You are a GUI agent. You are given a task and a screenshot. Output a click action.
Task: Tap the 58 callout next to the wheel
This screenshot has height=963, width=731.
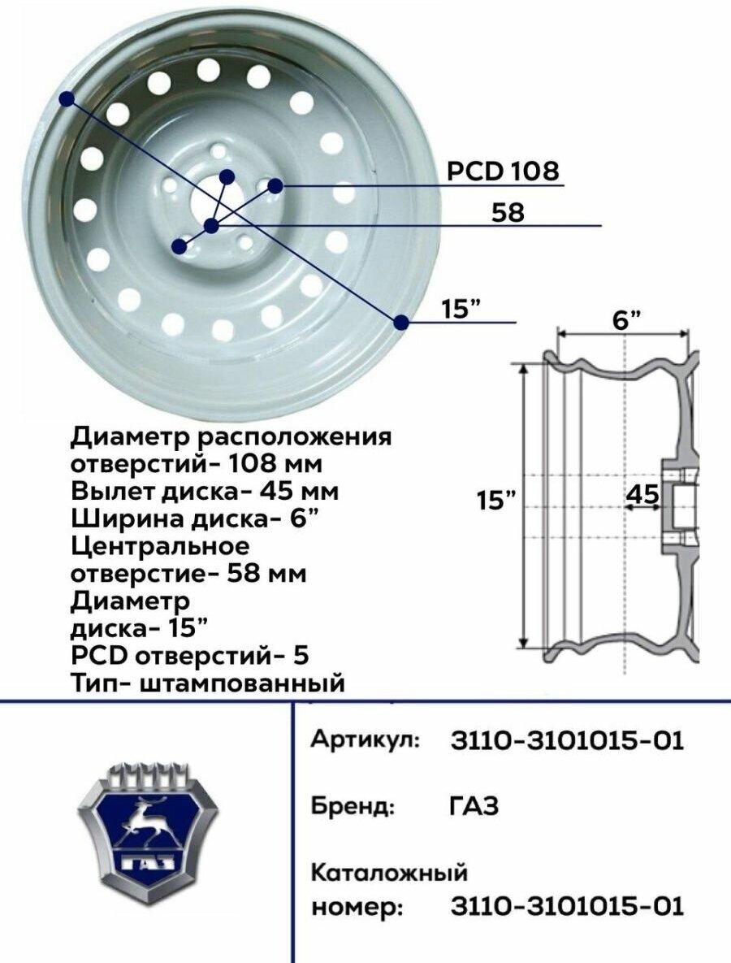[508, 212]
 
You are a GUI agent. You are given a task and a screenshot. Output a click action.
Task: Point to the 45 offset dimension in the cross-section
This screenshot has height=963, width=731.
[643, 494]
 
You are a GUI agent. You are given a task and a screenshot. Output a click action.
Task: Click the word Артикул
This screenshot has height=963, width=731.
[365, 740]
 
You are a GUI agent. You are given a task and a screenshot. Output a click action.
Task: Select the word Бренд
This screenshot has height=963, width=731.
[353, 805]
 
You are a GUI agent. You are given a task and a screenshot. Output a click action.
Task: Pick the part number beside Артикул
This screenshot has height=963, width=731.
[567, 740]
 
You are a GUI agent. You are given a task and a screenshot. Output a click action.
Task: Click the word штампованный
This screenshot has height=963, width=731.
[243, 683]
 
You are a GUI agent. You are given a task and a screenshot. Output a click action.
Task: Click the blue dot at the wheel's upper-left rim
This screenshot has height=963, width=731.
[67, 98]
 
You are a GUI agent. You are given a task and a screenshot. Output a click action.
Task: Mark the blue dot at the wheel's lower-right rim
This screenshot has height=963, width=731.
[401, 321]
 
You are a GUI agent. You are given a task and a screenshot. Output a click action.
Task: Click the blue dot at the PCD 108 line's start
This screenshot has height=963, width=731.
[275, 184]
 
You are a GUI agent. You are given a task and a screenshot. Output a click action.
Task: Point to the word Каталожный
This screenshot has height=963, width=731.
[390, 872]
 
